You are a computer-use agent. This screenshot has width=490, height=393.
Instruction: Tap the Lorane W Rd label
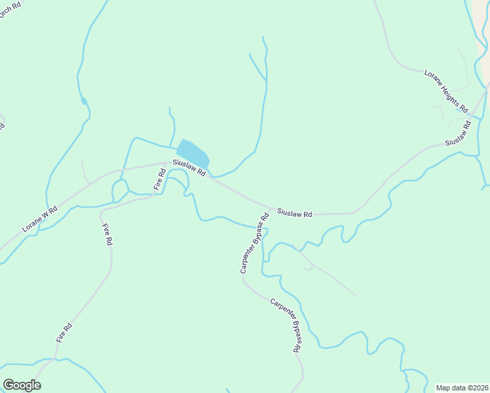40,219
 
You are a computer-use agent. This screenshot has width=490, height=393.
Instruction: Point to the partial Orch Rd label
12,10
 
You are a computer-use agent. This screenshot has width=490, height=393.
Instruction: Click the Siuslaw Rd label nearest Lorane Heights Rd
459,134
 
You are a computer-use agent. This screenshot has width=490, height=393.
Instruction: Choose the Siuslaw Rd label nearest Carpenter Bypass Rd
294,213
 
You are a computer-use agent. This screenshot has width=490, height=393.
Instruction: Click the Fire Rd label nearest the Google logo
64,333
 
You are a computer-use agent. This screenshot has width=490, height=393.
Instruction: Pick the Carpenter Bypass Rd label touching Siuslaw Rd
254,243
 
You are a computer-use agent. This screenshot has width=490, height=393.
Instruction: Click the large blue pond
193,153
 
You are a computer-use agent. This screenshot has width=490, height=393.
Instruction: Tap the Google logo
22,385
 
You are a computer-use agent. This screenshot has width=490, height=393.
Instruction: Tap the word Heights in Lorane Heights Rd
447,90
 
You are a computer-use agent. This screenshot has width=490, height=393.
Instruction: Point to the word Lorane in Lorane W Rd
33,224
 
